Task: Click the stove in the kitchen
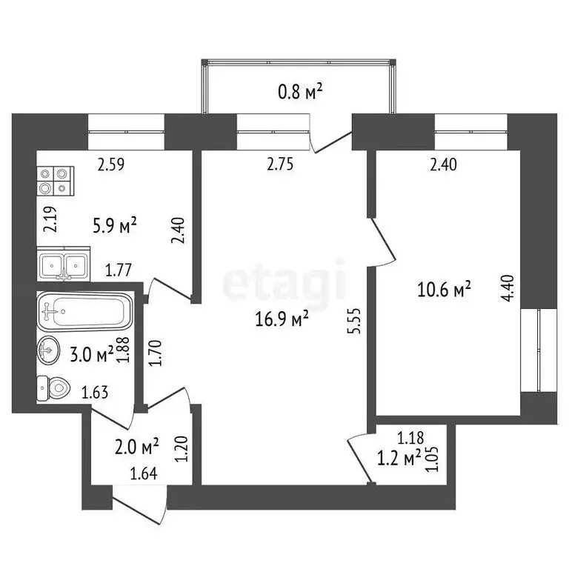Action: [56, 179]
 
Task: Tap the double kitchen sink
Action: [64, 265]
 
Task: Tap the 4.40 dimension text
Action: [508, 286]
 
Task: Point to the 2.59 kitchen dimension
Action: [113, 165]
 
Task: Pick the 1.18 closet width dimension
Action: [411, 438]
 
